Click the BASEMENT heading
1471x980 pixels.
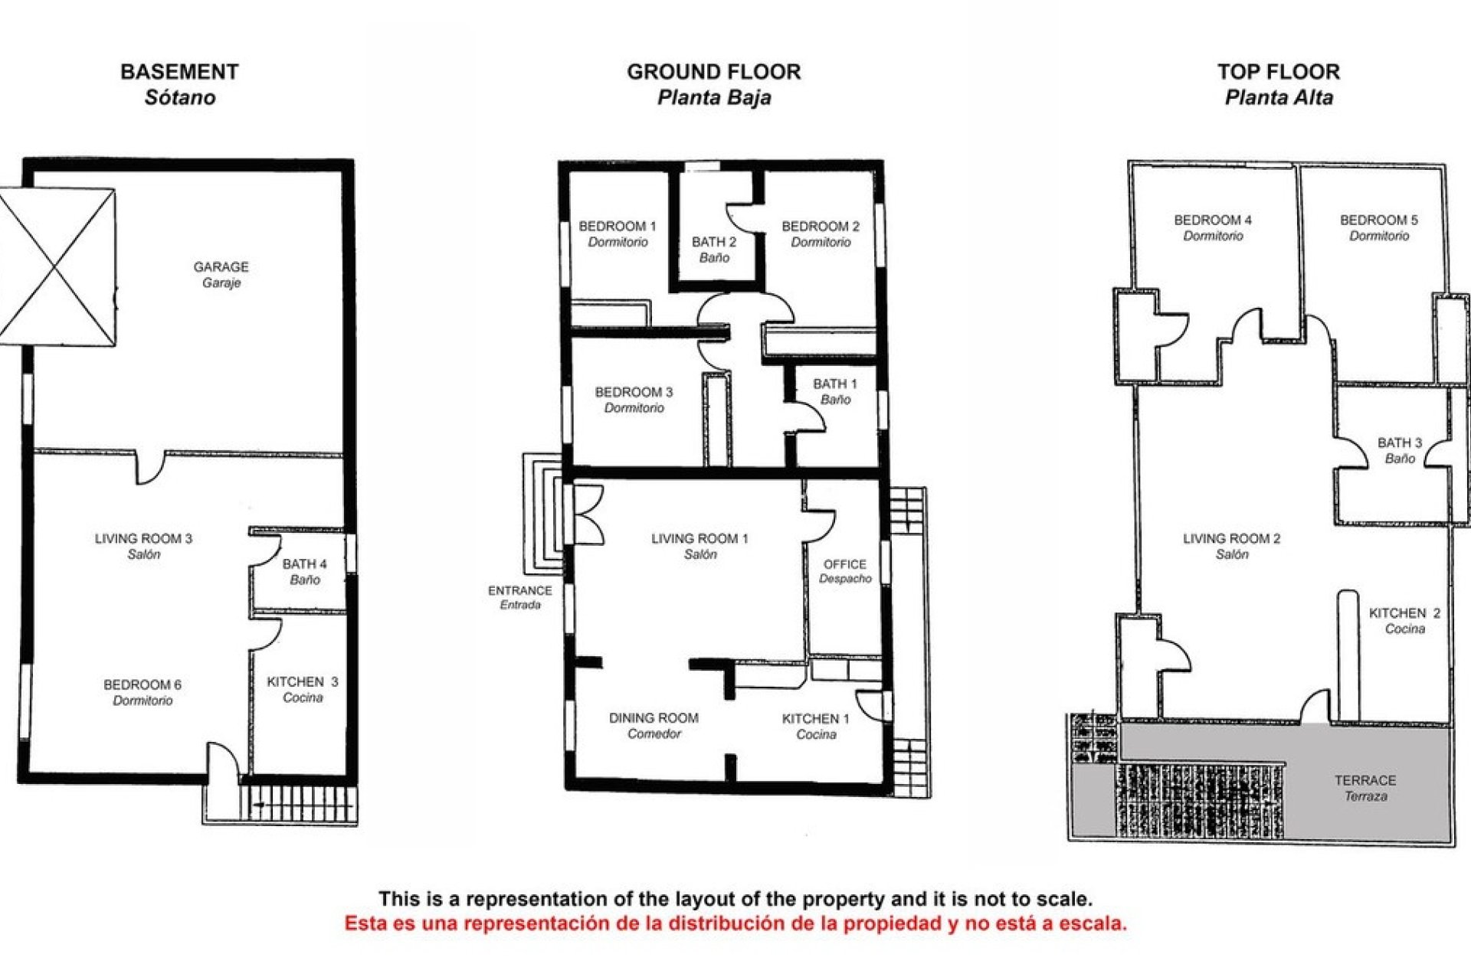179,72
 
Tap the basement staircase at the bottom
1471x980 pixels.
299,804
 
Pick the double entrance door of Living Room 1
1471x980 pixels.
587,514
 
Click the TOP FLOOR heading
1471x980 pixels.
1278,72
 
